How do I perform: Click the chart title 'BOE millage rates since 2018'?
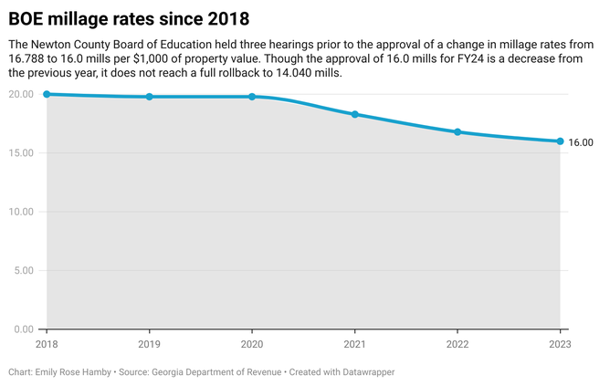click(129, 18)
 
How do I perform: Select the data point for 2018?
click(47, 94)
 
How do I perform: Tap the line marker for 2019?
click(149, 97)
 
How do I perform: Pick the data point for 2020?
click(252, 97)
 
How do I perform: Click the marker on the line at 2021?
click(354, 114)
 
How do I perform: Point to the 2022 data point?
click(457, 132)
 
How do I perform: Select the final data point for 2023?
click(560, 141)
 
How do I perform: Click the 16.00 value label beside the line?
click(581, 142)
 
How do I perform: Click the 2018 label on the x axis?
click(47, 344)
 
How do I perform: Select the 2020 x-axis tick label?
click(252, 344)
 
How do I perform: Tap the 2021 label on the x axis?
click(354, 344)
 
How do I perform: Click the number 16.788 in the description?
click(26, 58)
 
